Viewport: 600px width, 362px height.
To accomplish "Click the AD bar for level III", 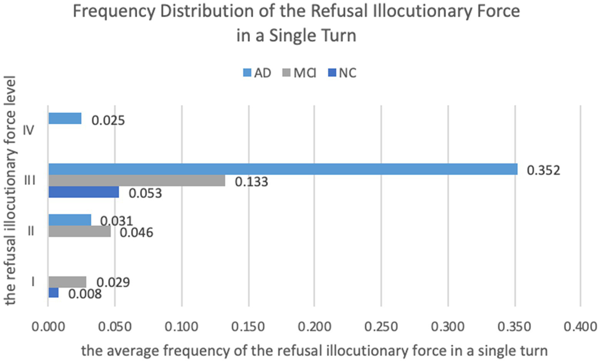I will click(283, 169).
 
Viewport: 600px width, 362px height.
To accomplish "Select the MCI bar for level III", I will click(136, 181).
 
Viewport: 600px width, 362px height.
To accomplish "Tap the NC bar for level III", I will click(84, 192).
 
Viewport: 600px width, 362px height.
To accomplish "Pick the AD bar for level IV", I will click(65, 119).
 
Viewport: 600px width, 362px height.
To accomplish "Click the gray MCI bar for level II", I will click(79, 231).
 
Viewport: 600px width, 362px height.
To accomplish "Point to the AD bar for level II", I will click(70, 220).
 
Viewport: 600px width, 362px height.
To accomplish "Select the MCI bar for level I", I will click(67, 282).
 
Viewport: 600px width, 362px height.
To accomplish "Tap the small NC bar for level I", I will click(54, 293).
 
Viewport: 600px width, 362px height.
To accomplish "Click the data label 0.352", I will click(543, 170).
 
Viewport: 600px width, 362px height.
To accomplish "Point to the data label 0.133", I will click(251, 182).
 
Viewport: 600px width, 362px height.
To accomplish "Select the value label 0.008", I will click(85, 294).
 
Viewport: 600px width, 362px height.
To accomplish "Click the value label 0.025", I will click(108, 121).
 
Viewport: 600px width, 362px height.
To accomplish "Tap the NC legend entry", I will click(342, 73).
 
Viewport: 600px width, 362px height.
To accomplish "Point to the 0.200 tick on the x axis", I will click(314, 326).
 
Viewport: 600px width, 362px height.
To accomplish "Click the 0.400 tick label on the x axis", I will click(580, 326).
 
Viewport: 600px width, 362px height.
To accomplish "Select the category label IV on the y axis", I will click(29, 130).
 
